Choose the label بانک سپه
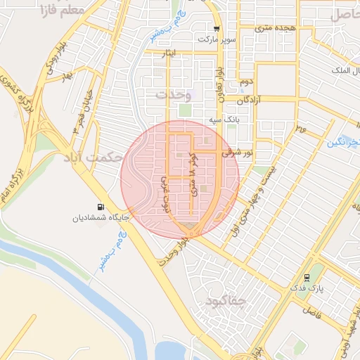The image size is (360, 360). click(x=225, y=121)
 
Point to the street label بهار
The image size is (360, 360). click(x=67, y=75)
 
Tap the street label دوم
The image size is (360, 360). click(x=245, y=82)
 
